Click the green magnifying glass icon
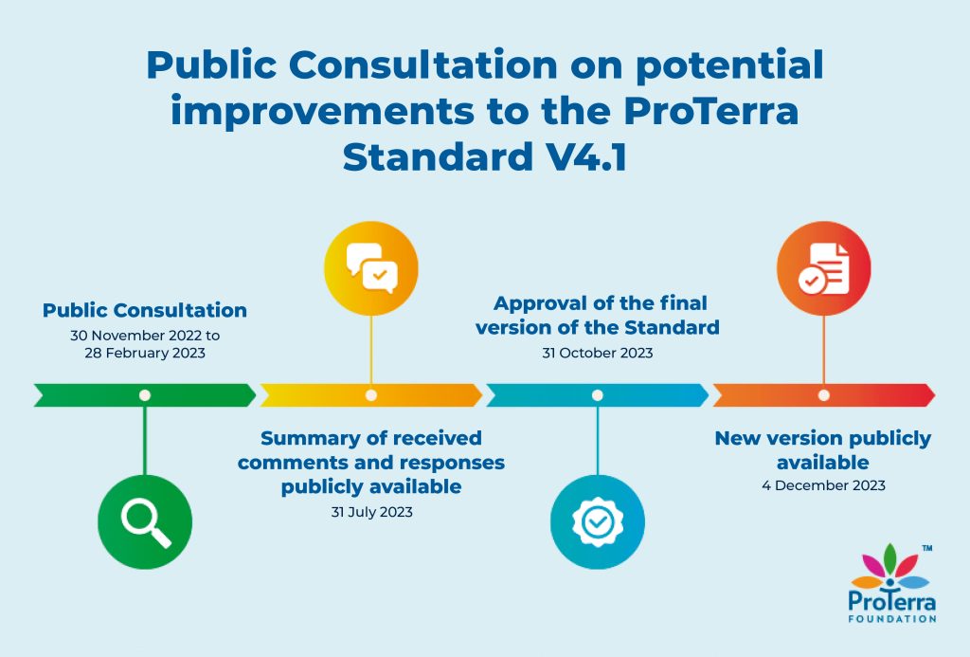pyautogui.click(x=145, y=522)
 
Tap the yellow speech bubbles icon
pyautogui.click(x=371, y=268)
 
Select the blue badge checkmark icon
pyautogui.click(x=598, y=522)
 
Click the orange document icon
pyautogui.click(x=824, y=268)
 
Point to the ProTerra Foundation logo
pyautogui.click(x=891, y=583)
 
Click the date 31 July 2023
pyautogui.click(x=371, y=512)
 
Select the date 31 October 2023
pyautogui.click(x=598, y=353)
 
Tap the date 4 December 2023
pyautogui.click(x=823, y=485)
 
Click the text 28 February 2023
pyautogui.click(x=145, y=353)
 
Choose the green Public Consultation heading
pyautogui.click(x=145, y=310)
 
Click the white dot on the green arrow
pyautogui.click(x=145, y=395)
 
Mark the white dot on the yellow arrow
pyautogui.click(x=371, y=395)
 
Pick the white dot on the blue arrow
pyautogui.click(x=598, y=395)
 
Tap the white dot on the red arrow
pyautogui.click(x=824, y=395)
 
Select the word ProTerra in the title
pyautogui.click(x=710, y=111)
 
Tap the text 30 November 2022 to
pyautogui.click(x=145, y=336)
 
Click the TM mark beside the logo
pyautogui.click(x=927, y=548)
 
